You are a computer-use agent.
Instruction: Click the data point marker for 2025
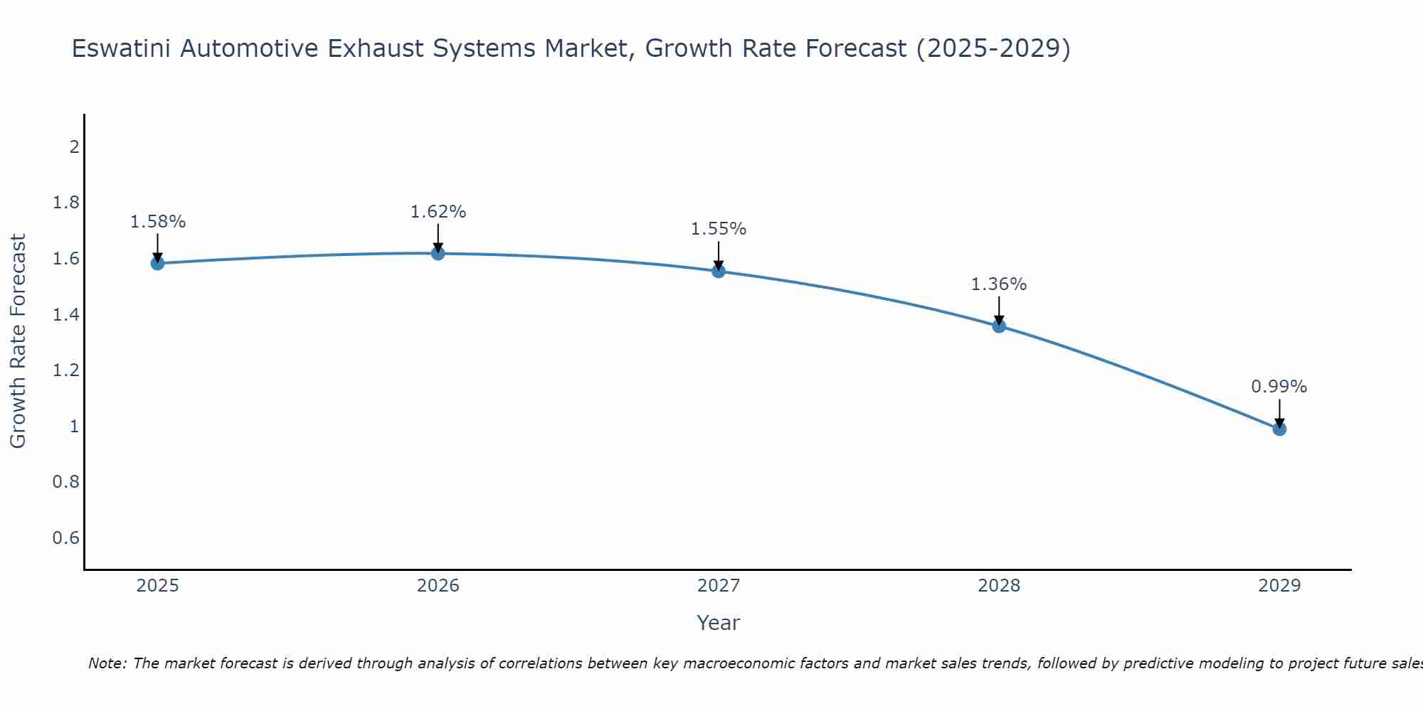157,263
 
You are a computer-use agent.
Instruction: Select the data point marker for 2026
438,253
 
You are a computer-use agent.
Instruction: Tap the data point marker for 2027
718,271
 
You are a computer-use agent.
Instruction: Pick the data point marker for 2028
999,326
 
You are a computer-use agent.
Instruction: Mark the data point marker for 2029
1279,429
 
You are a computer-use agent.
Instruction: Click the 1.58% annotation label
157,222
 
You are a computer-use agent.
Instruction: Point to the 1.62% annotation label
438,212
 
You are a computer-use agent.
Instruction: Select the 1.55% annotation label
718,229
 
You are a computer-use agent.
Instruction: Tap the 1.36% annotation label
999,284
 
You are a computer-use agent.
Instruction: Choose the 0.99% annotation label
1279,387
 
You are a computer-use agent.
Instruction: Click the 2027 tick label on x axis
718,586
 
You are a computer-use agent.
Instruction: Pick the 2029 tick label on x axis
1279,586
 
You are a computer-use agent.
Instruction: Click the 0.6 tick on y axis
65,538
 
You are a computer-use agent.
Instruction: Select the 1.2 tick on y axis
65,370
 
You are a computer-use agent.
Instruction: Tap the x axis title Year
718,623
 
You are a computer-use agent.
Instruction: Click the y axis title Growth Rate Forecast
18,341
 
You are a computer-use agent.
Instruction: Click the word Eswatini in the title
122,49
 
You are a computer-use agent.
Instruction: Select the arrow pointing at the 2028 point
999,310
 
